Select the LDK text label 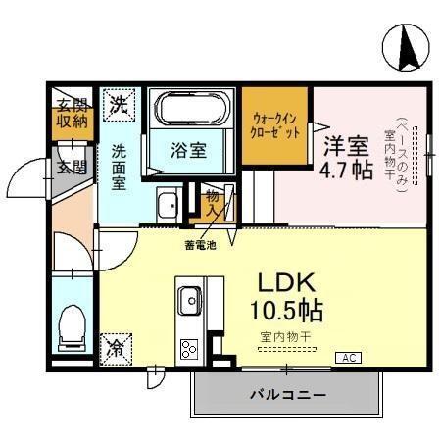point(285,282)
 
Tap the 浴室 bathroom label point(188,150)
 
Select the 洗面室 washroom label point(118,167)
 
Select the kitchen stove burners point(187,349)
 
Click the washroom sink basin point(167,205)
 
